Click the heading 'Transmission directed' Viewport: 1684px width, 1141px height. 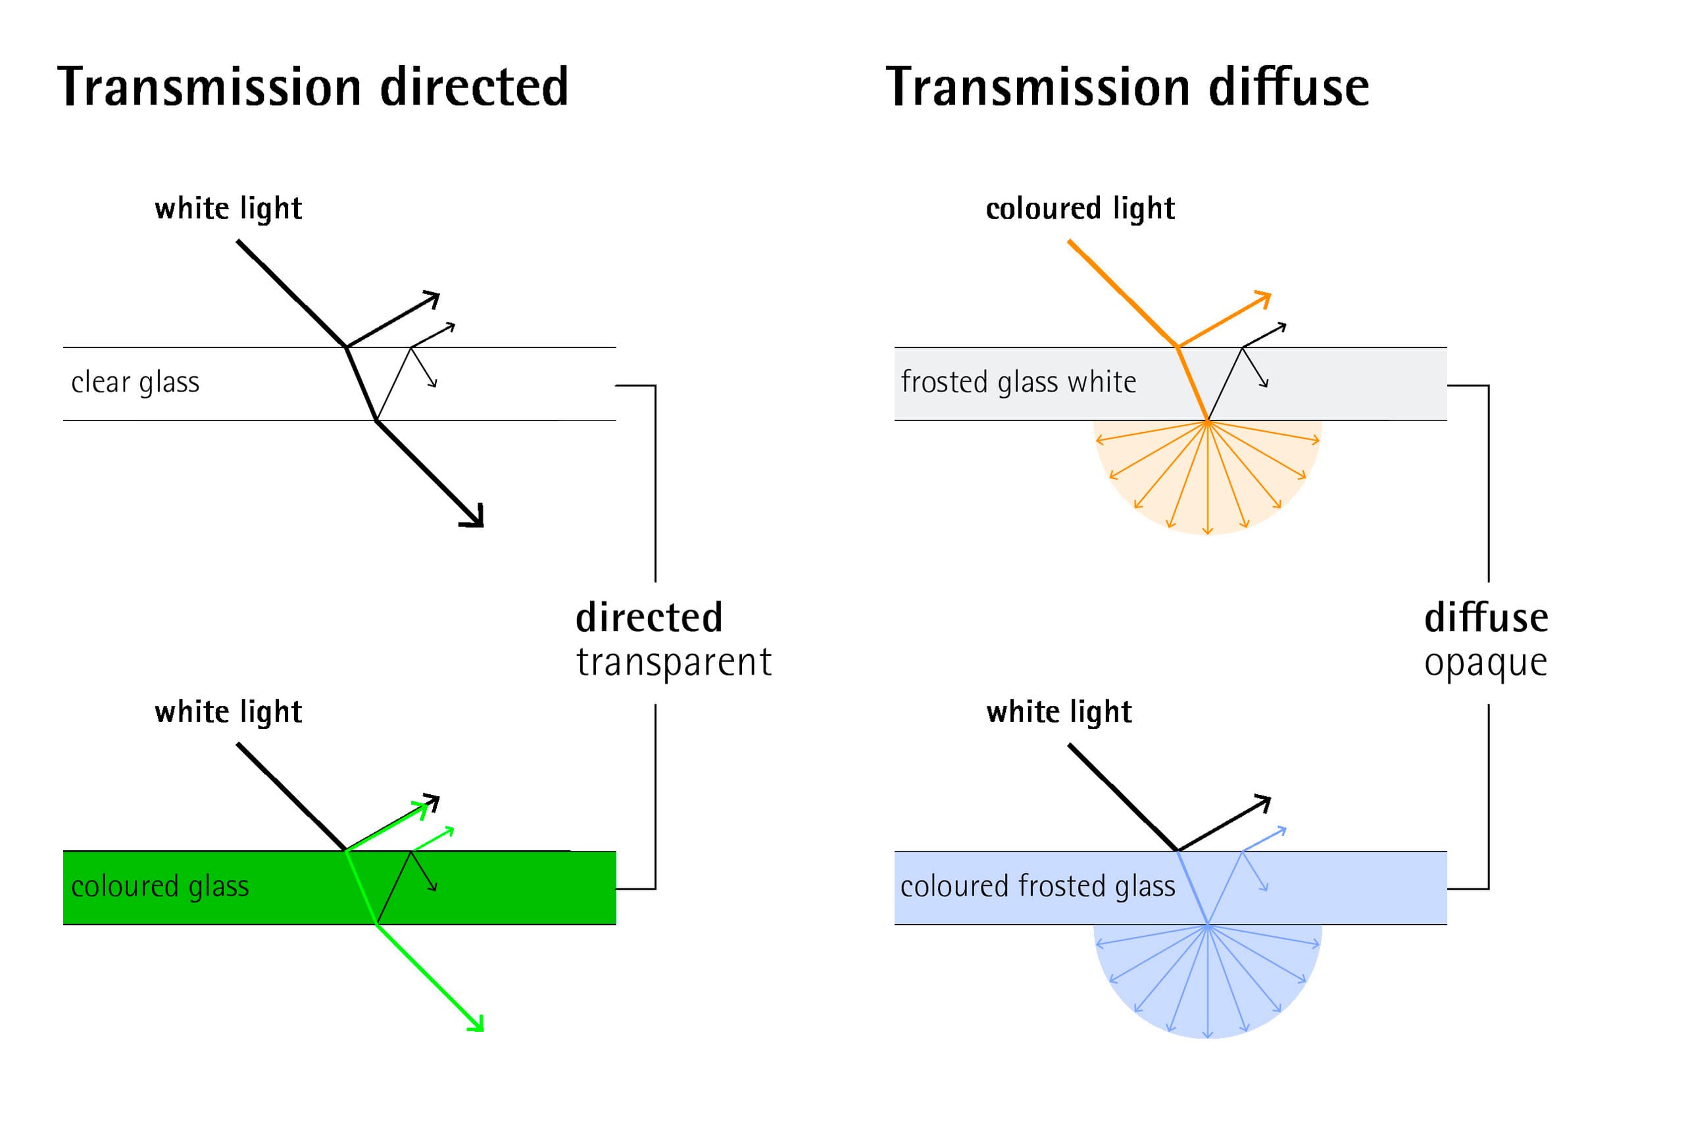pos(312,86)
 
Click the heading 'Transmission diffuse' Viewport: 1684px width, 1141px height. pos(1127,86)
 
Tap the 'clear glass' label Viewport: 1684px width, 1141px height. pos(135,383)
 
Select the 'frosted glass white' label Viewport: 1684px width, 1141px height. pos(1018,382)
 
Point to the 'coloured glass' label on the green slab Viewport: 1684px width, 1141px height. pos(159,886)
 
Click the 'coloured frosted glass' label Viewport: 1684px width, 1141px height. pos(1037,886)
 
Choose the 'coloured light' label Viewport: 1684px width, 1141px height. pos(1079,209)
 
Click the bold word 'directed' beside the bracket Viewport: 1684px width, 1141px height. pos(649,618)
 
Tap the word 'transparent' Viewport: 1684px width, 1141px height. pos(673,663)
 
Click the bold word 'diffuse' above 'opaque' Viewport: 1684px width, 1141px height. pos(1486,618)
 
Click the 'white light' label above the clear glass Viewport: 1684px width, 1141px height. pos(228,209)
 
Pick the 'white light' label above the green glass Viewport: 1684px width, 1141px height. pos(228,713)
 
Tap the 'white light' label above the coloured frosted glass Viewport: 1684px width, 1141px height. pos(1058,713)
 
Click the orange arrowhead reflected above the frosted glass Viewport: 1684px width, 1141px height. pos(1263,299)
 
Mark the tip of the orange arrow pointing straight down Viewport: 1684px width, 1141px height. pos(1207,534)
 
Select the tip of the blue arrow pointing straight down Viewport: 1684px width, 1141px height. pos(1207,1037)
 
